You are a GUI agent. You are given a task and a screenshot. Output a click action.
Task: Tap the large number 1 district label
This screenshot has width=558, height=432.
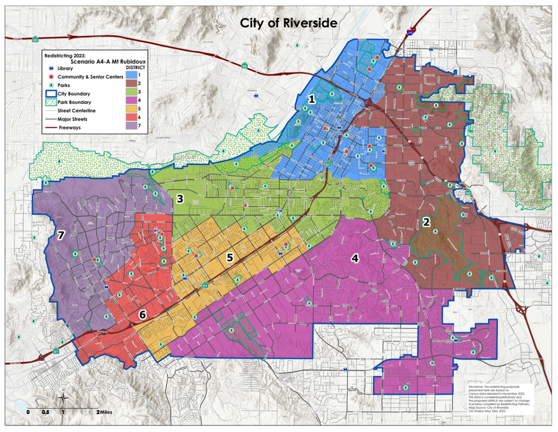(x=312, y=99)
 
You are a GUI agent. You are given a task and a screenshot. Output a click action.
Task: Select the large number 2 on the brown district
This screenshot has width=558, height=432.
(x=426, y=222)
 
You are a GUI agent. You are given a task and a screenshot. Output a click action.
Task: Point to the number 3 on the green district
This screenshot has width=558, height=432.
(x=180, y=198)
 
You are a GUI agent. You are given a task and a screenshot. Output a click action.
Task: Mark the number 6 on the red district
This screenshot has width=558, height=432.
(x=143, y=315)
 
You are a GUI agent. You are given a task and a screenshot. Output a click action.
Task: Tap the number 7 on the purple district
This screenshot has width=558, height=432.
(x=61, y=236)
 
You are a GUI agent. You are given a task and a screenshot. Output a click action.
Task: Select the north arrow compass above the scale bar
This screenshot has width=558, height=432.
(x=64, y=398)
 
